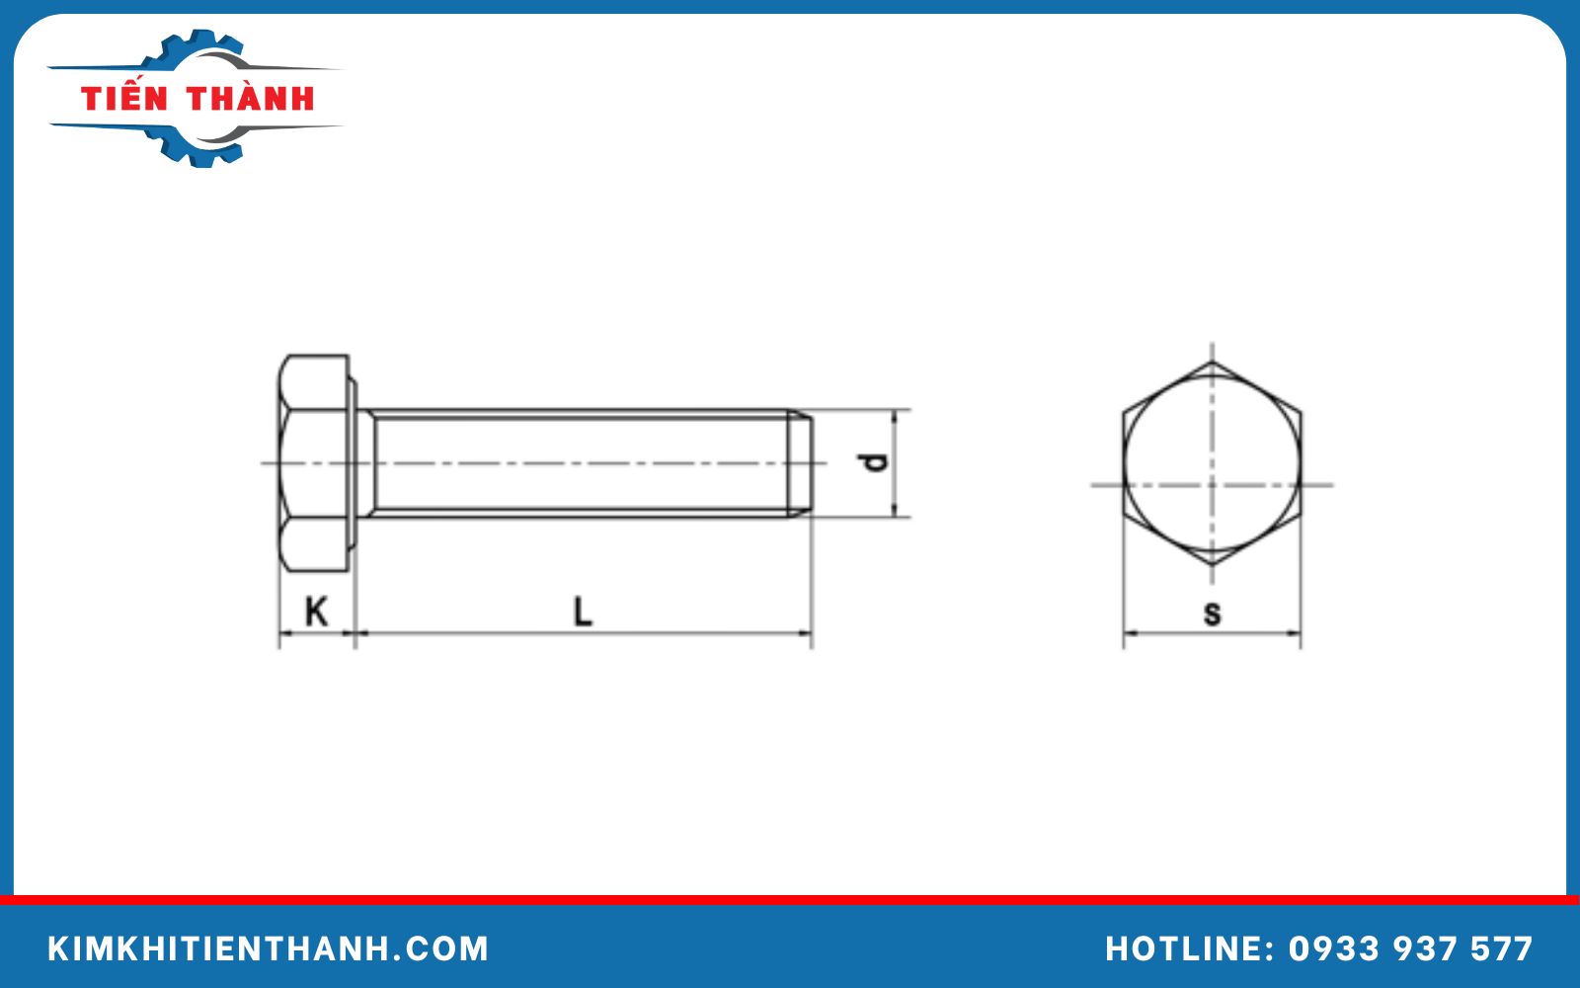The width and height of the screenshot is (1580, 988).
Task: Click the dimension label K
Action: (x=316, y=612)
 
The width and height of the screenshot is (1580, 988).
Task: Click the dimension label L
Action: (x=583, y=612)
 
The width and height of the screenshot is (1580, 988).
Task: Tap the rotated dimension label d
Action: (x=873, y=462)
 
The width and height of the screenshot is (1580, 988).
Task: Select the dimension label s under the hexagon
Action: (x=1212, y=614)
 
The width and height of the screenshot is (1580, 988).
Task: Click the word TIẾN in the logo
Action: (x=124, y=99)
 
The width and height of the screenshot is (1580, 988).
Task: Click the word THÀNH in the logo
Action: (x=251, y=99)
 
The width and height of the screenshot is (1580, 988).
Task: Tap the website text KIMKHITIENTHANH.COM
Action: (x=268, y=948)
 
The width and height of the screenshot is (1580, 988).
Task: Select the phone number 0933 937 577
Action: (x=1410, y=948)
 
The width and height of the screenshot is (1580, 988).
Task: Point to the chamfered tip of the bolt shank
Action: (x=803, y=462)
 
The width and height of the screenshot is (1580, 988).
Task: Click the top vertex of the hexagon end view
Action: (x=1213, y=362)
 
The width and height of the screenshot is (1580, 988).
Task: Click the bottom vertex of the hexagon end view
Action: (x=1213, y=565)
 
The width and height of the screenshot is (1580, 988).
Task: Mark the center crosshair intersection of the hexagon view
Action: (x=1213, y=484)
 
